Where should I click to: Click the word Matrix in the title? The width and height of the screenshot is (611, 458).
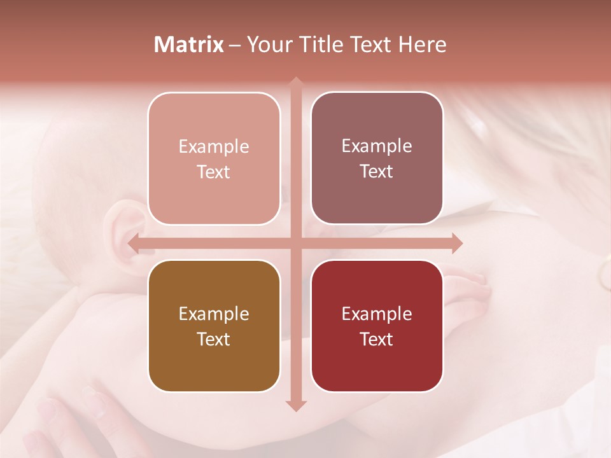click(x=189, y=45)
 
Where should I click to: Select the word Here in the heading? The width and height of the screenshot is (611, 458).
click(x=423, y=45)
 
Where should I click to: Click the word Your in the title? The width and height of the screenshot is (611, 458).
click(x=268, y=45)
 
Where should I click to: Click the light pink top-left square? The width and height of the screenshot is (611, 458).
click(x=214, y=158)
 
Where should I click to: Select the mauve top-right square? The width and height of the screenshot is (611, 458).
click(x=377, y=158)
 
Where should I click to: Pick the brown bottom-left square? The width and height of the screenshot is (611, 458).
click(x=214, y=326)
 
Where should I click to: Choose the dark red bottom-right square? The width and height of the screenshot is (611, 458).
click(x=377, y=326)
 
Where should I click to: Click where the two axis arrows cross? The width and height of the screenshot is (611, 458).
click(x=295, y=243)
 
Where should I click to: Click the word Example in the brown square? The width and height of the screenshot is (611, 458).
click(x=214, y=314)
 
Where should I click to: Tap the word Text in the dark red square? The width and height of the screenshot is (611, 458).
click(x=377, y=339)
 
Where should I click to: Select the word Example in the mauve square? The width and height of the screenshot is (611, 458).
click(x=377, y=146)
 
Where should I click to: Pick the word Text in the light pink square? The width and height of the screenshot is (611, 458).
click(x=214, y=172)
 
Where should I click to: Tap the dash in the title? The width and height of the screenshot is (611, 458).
click(x=235, y=45)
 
